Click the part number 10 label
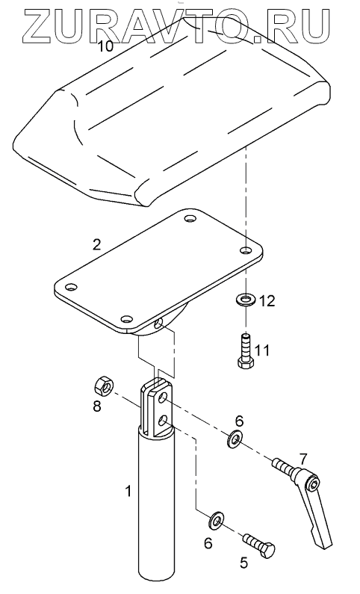(105, 46)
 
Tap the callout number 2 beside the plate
(97, 245)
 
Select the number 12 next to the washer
(267, 301)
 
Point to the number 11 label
(263, 350)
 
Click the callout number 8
(97, 407)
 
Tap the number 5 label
(244, 563)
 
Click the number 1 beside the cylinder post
(128, 491)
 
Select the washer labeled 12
(245, 300)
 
